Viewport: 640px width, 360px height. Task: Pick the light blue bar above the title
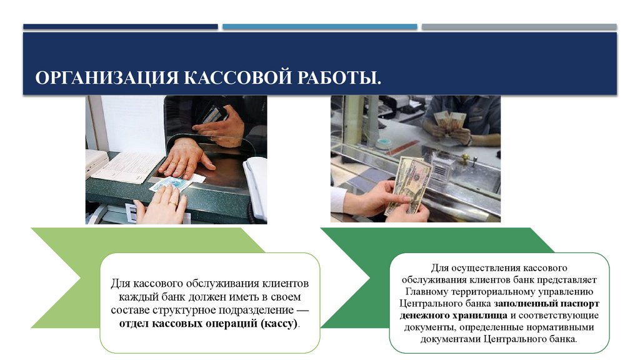click(x=319, y=27)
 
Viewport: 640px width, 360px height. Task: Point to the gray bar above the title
click(x=519, y=27)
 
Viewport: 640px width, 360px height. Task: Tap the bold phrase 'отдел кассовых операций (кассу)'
click(x=209, y=324)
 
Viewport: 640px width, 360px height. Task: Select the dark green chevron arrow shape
click(x=350, y=275)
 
